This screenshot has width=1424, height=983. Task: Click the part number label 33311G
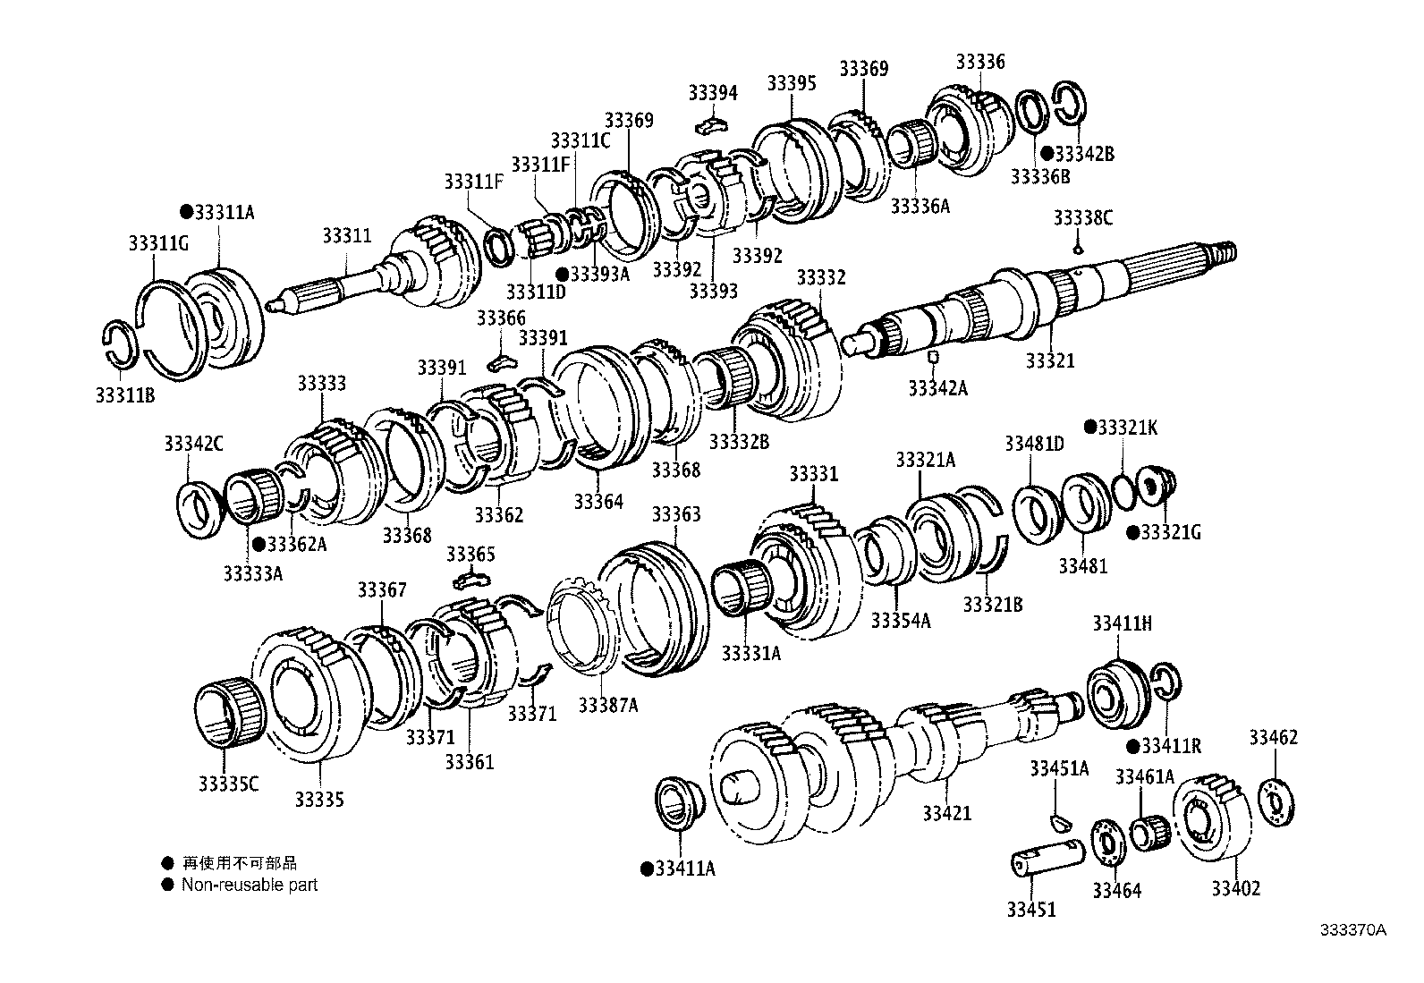click(x=158, y=242)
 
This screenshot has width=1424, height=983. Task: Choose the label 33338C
click(x=1082, y=217)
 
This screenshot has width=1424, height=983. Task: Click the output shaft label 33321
click(x=1050, y=361)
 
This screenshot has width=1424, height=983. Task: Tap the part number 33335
click(x=319, y=800)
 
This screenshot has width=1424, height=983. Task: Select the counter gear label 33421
click(x=947, y=813)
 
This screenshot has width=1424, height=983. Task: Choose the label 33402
click(x=1236, y=888)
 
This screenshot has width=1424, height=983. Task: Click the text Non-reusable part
click(x=250, y=885)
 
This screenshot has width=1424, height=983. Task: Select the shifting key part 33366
click(x=504, y=360)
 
